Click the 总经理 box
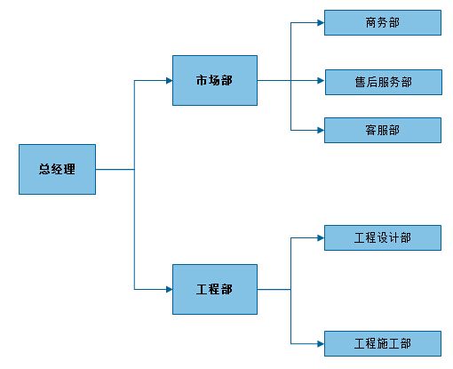tap(57, 169)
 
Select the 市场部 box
tap(215, 80)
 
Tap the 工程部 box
tap(215, 289)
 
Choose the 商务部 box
tap(383, 23)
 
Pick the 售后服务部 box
tap(384, 83)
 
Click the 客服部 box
tap(383, 131)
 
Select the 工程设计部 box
tap(383, 237)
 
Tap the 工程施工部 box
tap(383, 344)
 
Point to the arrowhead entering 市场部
tap(170, 80)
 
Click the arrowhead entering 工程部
tap(170, 289)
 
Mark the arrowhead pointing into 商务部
tap(321, 23)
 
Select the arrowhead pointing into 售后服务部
tap(322, 81)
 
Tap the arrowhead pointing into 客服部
tap(321, 131)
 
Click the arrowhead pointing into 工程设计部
tap(321, 237)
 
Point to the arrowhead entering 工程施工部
tap(321, 344)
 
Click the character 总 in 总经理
tap(44, 169)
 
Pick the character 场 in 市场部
tap(214, 80)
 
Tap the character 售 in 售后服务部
tap(361, 83)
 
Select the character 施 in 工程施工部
tap(383, 344)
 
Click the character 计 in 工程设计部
tap(394, 237)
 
